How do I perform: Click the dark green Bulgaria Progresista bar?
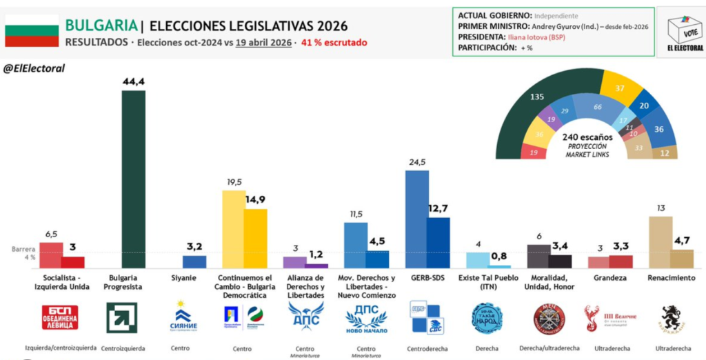(x=133, y=179)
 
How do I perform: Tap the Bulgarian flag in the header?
(x=31, y=30)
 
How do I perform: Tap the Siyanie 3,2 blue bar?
(x=194, y=261)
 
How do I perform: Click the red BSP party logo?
(x=60, y=317)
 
